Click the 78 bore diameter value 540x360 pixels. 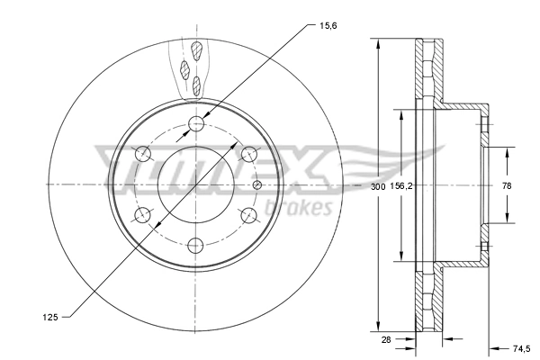point(507,185)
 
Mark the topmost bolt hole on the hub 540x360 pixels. point(198,123)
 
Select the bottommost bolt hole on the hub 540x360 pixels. point(198,246)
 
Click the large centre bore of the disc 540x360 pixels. point(198,184)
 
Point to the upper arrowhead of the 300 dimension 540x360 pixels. point(377,45)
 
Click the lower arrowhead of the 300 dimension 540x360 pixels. point(377,326)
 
